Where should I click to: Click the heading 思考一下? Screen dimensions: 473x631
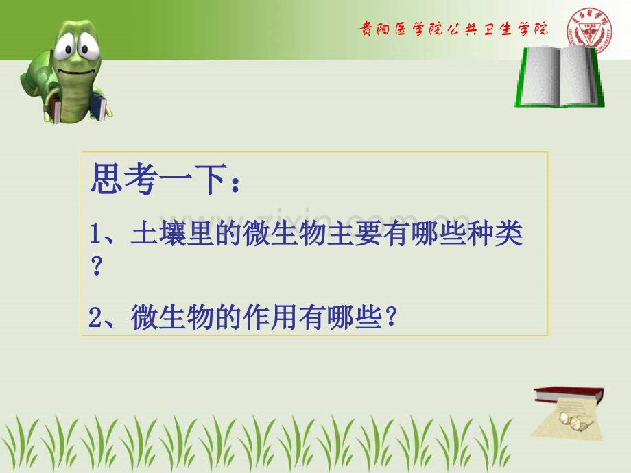[x=157, y=182]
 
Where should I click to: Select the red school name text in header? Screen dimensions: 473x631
[x=453, y=29]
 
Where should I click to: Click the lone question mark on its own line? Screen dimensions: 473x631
[x=97, y=267]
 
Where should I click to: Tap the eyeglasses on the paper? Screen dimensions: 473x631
[x=572, y=420]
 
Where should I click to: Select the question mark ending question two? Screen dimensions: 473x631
[x=392, y=318]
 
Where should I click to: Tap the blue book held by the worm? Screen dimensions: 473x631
[x=99, y=108]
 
